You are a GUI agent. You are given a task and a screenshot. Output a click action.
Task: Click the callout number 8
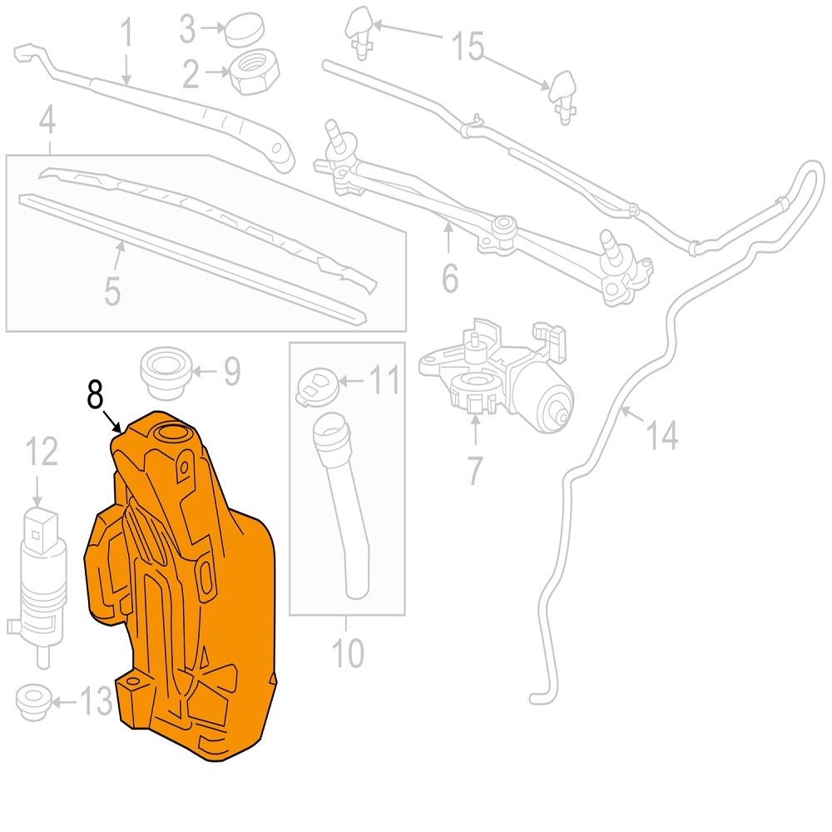pyautogui.click(x=95, y=394)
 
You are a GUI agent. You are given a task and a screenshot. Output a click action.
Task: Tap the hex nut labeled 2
pyautogui.click(x=254, y=72)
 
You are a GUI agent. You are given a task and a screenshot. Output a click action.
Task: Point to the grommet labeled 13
pyautogui.click(x=34, y=702)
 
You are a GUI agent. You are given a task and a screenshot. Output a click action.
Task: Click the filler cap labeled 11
pyautogui.click(x=317, y=387)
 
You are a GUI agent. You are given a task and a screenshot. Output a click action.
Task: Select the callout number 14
pyautogui.click(x=661, y=435)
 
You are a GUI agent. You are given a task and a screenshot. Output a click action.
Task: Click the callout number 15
pyautogui.click(x=468, y=45)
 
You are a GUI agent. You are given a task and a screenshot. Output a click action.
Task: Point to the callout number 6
pyautogui.click(x=450, y=278)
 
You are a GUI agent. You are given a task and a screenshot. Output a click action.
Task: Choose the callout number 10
pyautogui.click(x=348, y=652)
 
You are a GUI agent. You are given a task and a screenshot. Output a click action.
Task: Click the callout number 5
pyautogui.click(x=112, y=290)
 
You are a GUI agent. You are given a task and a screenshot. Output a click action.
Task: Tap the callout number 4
pyautogui.click(x=47, y=119)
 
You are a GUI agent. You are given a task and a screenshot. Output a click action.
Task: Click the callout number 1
pyautogui.click(x=126, y=31)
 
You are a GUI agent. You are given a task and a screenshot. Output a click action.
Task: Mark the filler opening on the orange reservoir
pyautogui.click(x=170, y=433)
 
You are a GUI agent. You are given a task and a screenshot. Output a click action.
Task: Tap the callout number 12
pyautogui.click(x=42, y=452)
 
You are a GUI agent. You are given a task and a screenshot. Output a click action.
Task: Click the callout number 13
pyautogui.click(x=96, y=701)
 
